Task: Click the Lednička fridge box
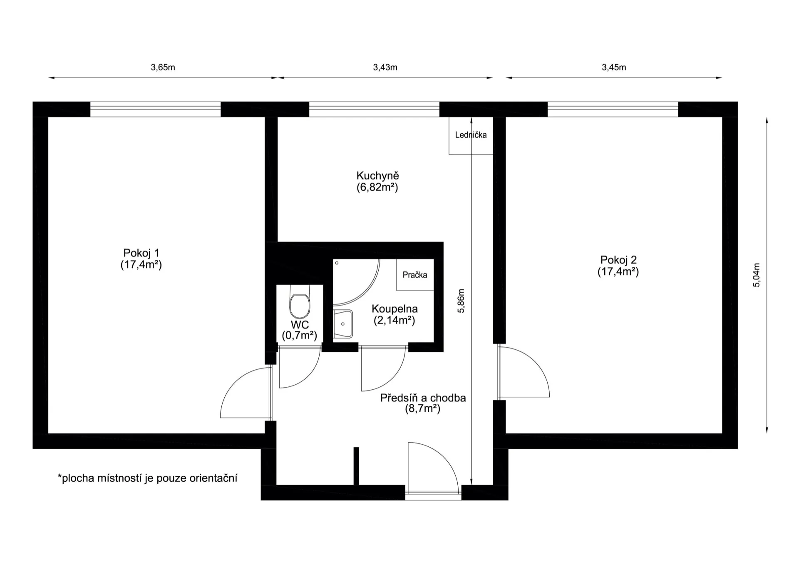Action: coord(471,136)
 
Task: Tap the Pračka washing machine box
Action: coord(415,274)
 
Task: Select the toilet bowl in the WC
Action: coord(300,303)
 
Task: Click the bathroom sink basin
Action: coord(343,324)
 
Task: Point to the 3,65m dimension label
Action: coord(163,67)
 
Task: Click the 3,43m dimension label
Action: coord(385,67)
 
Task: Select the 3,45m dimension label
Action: coord(614,67)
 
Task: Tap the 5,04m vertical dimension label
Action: coord(757,275)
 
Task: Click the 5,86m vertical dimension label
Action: coord(461,301)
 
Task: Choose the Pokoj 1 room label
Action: coord(141,253)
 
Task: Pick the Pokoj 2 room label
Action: coord(618,260)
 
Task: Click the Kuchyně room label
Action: coord(377,176)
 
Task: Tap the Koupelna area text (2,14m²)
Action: coord(394,320)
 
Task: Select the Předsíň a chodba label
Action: coord(423,398)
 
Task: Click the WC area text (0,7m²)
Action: coord(300,335)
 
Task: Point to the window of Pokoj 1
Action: coord(155,109)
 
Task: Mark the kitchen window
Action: coord(374,109)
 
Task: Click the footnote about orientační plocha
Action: coord(147,478)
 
